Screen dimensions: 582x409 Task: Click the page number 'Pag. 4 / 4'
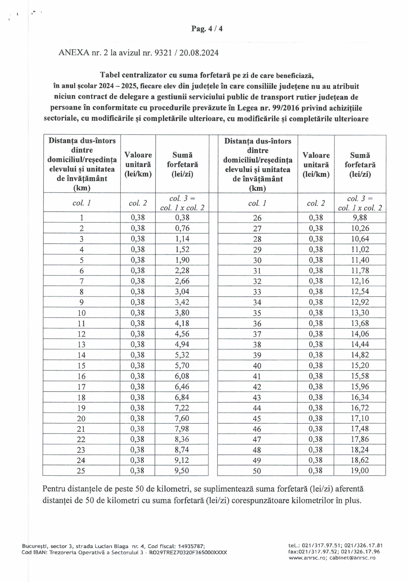[207, 29]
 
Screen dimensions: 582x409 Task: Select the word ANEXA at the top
[74, 53]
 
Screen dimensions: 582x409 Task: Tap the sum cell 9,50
[182, 470]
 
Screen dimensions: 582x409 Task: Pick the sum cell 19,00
[360, 470]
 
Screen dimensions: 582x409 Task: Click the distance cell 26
[257, 218]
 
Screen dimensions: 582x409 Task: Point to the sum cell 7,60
[182, 418]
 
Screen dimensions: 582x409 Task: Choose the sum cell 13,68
[360, 323]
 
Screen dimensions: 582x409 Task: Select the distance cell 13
[81, 344]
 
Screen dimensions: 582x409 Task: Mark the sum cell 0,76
[182, 228]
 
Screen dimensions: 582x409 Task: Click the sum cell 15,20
[360, 365]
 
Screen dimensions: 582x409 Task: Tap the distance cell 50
[257, 471]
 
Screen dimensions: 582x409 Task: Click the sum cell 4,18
[182, 323]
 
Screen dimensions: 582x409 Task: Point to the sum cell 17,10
[360, 418]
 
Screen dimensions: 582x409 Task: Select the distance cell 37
[257, 334]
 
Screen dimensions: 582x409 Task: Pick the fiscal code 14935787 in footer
[190, 546]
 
